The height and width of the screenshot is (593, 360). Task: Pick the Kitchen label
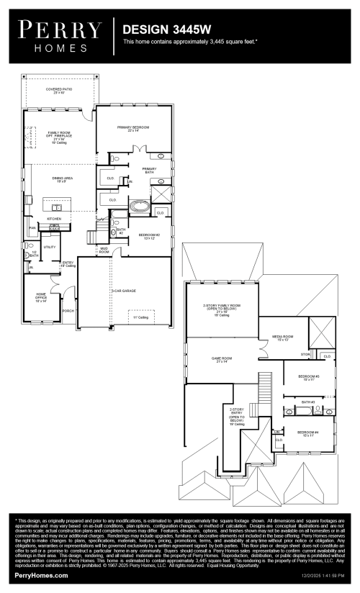pyautogui.click(x=54, y=218)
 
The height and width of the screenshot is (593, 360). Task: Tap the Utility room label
pyautogui.click(x=50, y=247)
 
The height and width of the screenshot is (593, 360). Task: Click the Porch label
pyautogui.click(x=68, y=310)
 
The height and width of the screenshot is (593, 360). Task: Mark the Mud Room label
pyautogui.click(x=104, y=250)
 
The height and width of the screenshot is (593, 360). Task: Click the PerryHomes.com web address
pyautogui.click(x=42, y=576)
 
